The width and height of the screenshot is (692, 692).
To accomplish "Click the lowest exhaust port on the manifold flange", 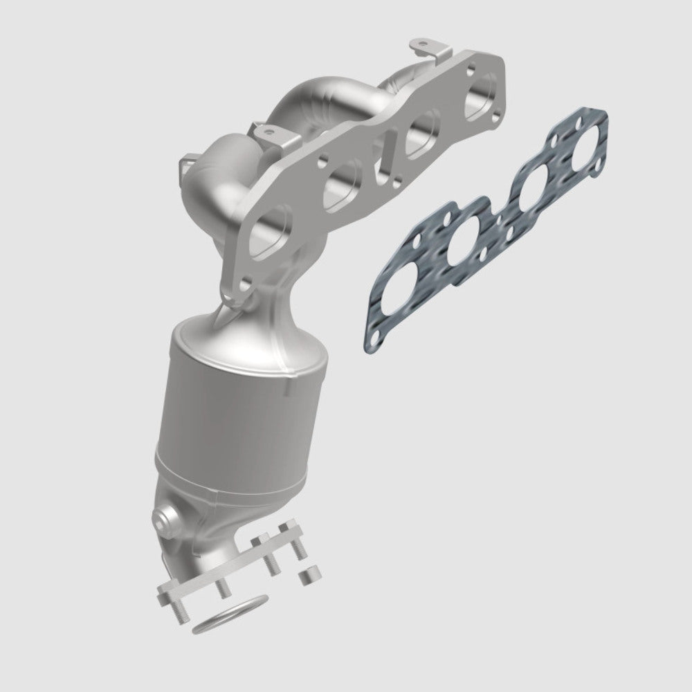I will tap(266, 239).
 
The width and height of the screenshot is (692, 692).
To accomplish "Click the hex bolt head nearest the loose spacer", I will tap(284, 532).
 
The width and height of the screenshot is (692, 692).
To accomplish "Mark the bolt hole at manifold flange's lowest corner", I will tap(243, 283).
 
